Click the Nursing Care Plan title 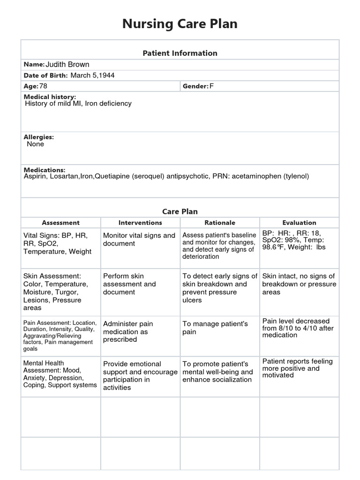180,24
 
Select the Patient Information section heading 180,53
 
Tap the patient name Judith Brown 67,65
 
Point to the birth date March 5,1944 93,75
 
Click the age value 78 43,86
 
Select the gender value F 211,86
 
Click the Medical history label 50,97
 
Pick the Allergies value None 36,144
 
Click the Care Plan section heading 180,211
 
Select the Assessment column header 60,223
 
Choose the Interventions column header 140,223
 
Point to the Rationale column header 220,223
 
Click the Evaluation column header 299,223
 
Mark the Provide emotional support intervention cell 140,375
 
